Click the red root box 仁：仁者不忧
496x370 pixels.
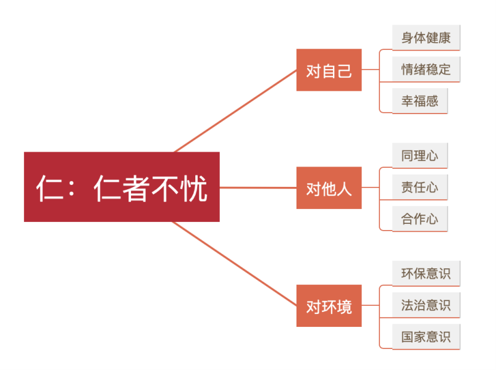click(122, 186)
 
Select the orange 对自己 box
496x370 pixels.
click(329, 70)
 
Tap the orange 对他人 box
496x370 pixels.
click(329, 187)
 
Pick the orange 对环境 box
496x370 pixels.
click(329, 305)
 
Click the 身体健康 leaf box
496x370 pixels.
click(426, 38)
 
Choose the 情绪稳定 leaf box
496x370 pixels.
click(426, 69)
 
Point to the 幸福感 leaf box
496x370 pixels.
click(419, 101)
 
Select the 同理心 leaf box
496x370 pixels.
click(419, 155)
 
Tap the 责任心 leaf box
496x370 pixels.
click(419, 187)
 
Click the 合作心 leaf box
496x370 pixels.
click(419, 219)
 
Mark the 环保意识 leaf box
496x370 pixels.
click(426, 273)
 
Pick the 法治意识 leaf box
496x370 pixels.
click(426, 305)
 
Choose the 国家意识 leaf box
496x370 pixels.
click(426, 337)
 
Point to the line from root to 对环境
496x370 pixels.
click(237, 265)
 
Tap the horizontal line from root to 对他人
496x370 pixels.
click(258, 187)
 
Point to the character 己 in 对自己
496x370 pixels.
click(344, 70)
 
